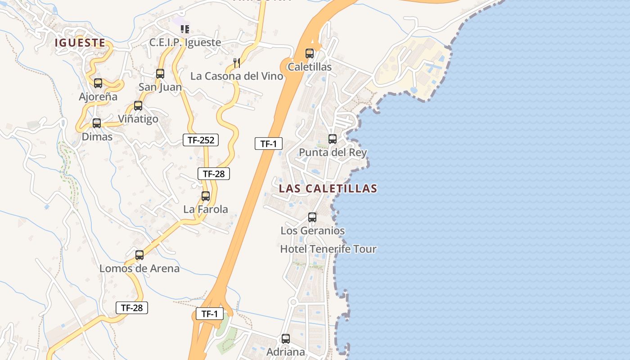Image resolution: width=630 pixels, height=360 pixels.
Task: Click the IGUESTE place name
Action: pos(80,43)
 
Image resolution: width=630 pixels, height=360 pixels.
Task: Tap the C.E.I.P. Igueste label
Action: pos(185,42)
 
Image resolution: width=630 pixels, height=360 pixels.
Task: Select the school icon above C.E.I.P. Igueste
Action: pos(184,29)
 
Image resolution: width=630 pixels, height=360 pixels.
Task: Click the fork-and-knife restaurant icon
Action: pos(237,63)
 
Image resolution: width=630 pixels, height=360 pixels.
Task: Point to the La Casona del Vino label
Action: pos(237,76)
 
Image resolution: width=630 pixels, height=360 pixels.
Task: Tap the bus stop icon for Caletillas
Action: pos(310,54)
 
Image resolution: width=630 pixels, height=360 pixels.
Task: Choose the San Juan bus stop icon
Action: pos(160,74)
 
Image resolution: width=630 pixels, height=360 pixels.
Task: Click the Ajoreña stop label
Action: pos(98,96)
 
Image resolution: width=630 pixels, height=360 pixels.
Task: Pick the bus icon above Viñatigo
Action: pos(138,106)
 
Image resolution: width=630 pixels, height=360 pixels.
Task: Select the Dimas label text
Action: pos(97,136)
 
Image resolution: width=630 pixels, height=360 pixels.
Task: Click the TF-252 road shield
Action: pos(201,140)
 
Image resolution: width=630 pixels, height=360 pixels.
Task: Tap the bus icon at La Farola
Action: pos(206,196)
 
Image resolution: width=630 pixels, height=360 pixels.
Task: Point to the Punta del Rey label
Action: pos(333,152)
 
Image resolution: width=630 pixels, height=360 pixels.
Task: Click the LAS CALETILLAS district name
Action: pos(328,188)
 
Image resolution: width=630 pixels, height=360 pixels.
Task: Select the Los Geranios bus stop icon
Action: pos(312,217)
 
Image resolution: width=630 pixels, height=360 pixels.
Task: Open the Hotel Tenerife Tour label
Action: pos(328,249)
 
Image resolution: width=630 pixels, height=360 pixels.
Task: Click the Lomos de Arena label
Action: pos(139,268)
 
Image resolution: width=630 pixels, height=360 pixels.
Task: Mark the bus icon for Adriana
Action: pos(286,339)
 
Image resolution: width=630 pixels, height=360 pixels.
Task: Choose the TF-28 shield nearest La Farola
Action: pos(214,174)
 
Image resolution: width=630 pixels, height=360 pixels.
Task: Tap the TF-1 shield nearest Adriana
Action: pos(210,314)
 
